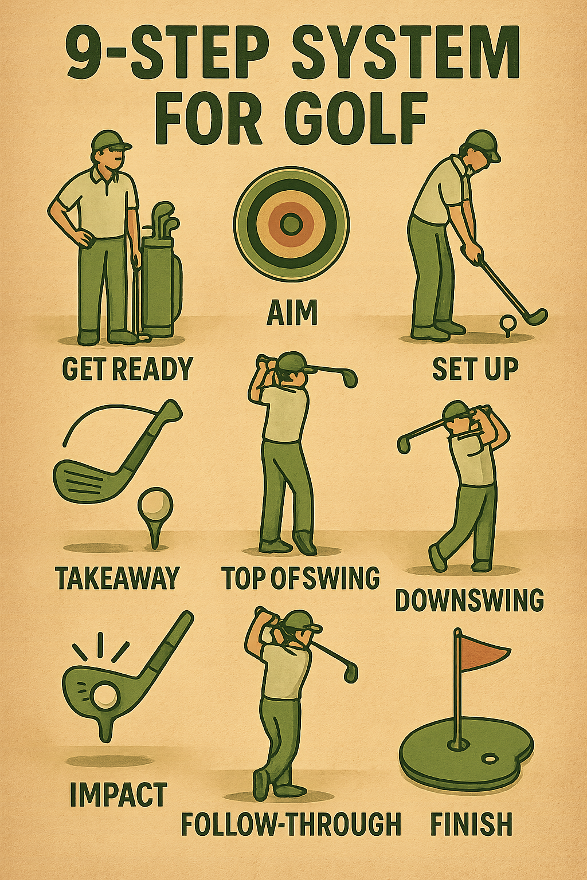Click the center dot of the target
tap(291, 223)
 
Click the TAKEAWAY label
tap(116, 577)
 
